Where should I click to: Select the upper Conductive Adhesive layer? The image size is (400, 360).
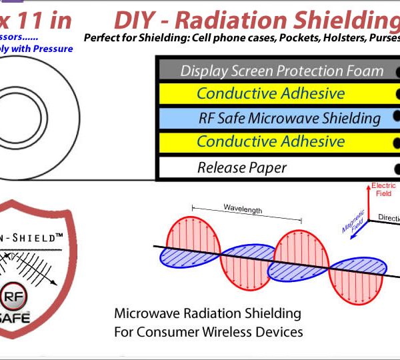(x=271, y=93)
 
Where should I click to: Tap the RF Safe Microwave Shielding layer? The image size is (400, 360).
(x=289, y=118)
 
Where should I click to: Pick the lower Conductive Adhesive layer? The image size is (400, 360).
(x=271, y=141)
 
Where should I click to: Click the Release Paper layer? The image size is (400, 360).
(x=241, y=167)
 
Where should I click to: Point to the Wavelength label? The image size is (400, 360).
(x=243, y=209)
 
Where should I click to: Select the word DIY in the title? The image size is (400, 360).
(x=135, y=20)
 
